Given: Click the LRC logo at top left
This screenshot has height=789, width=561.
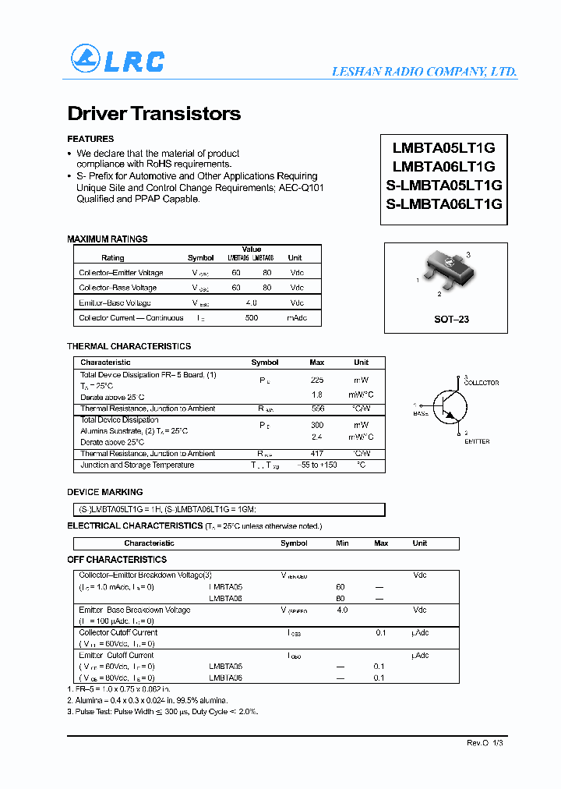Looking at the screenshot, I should click(x=117, y=60).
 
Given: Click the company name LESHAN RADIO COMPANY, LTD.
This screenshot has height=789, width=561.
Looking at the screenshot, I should click(x=424, y=71).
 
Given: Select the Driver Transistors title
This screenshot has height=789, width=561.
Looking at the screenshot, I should click(x=154, y=114).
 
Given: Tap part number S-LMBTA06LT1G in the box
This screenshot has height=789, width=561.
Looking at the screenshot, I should click(x=444, y=204).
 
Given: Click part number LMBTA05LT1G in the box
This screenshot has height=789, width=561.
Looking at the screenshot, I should click(x=444, y=147).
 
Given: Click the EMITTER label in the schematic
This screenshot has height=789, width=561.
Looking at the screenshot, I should click(x=476, y=441).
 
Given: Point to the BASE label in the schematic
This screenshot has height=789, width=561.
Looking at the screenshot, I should click(x=421, y=413).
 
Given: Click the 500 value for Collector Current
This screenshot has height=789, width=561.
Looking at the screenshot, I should click(x=252, y=318).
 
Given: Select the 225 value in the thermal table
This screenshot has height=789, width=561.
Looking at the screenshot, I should click(x=317, y=380).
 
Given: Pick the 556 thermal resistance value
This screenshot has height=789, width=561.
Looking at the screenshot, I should click(x=317, y=409).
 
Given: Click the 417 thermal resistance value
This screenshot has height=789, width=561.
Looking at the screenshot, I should click(x=317, y=454).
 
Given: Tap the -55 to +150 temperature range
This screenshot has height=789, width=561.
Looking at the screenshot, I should click(x=317, y=465).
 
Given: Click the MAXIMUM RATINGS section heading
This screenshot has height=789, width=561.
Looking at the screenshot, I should click(x=108, y=239).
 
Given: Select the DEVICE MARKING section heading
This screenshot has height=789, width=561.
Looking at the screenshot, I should click(x=105, y=493).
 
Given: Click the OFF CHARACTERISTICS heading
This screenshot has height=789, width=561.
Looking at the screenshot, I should click(x=117, y=560).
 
